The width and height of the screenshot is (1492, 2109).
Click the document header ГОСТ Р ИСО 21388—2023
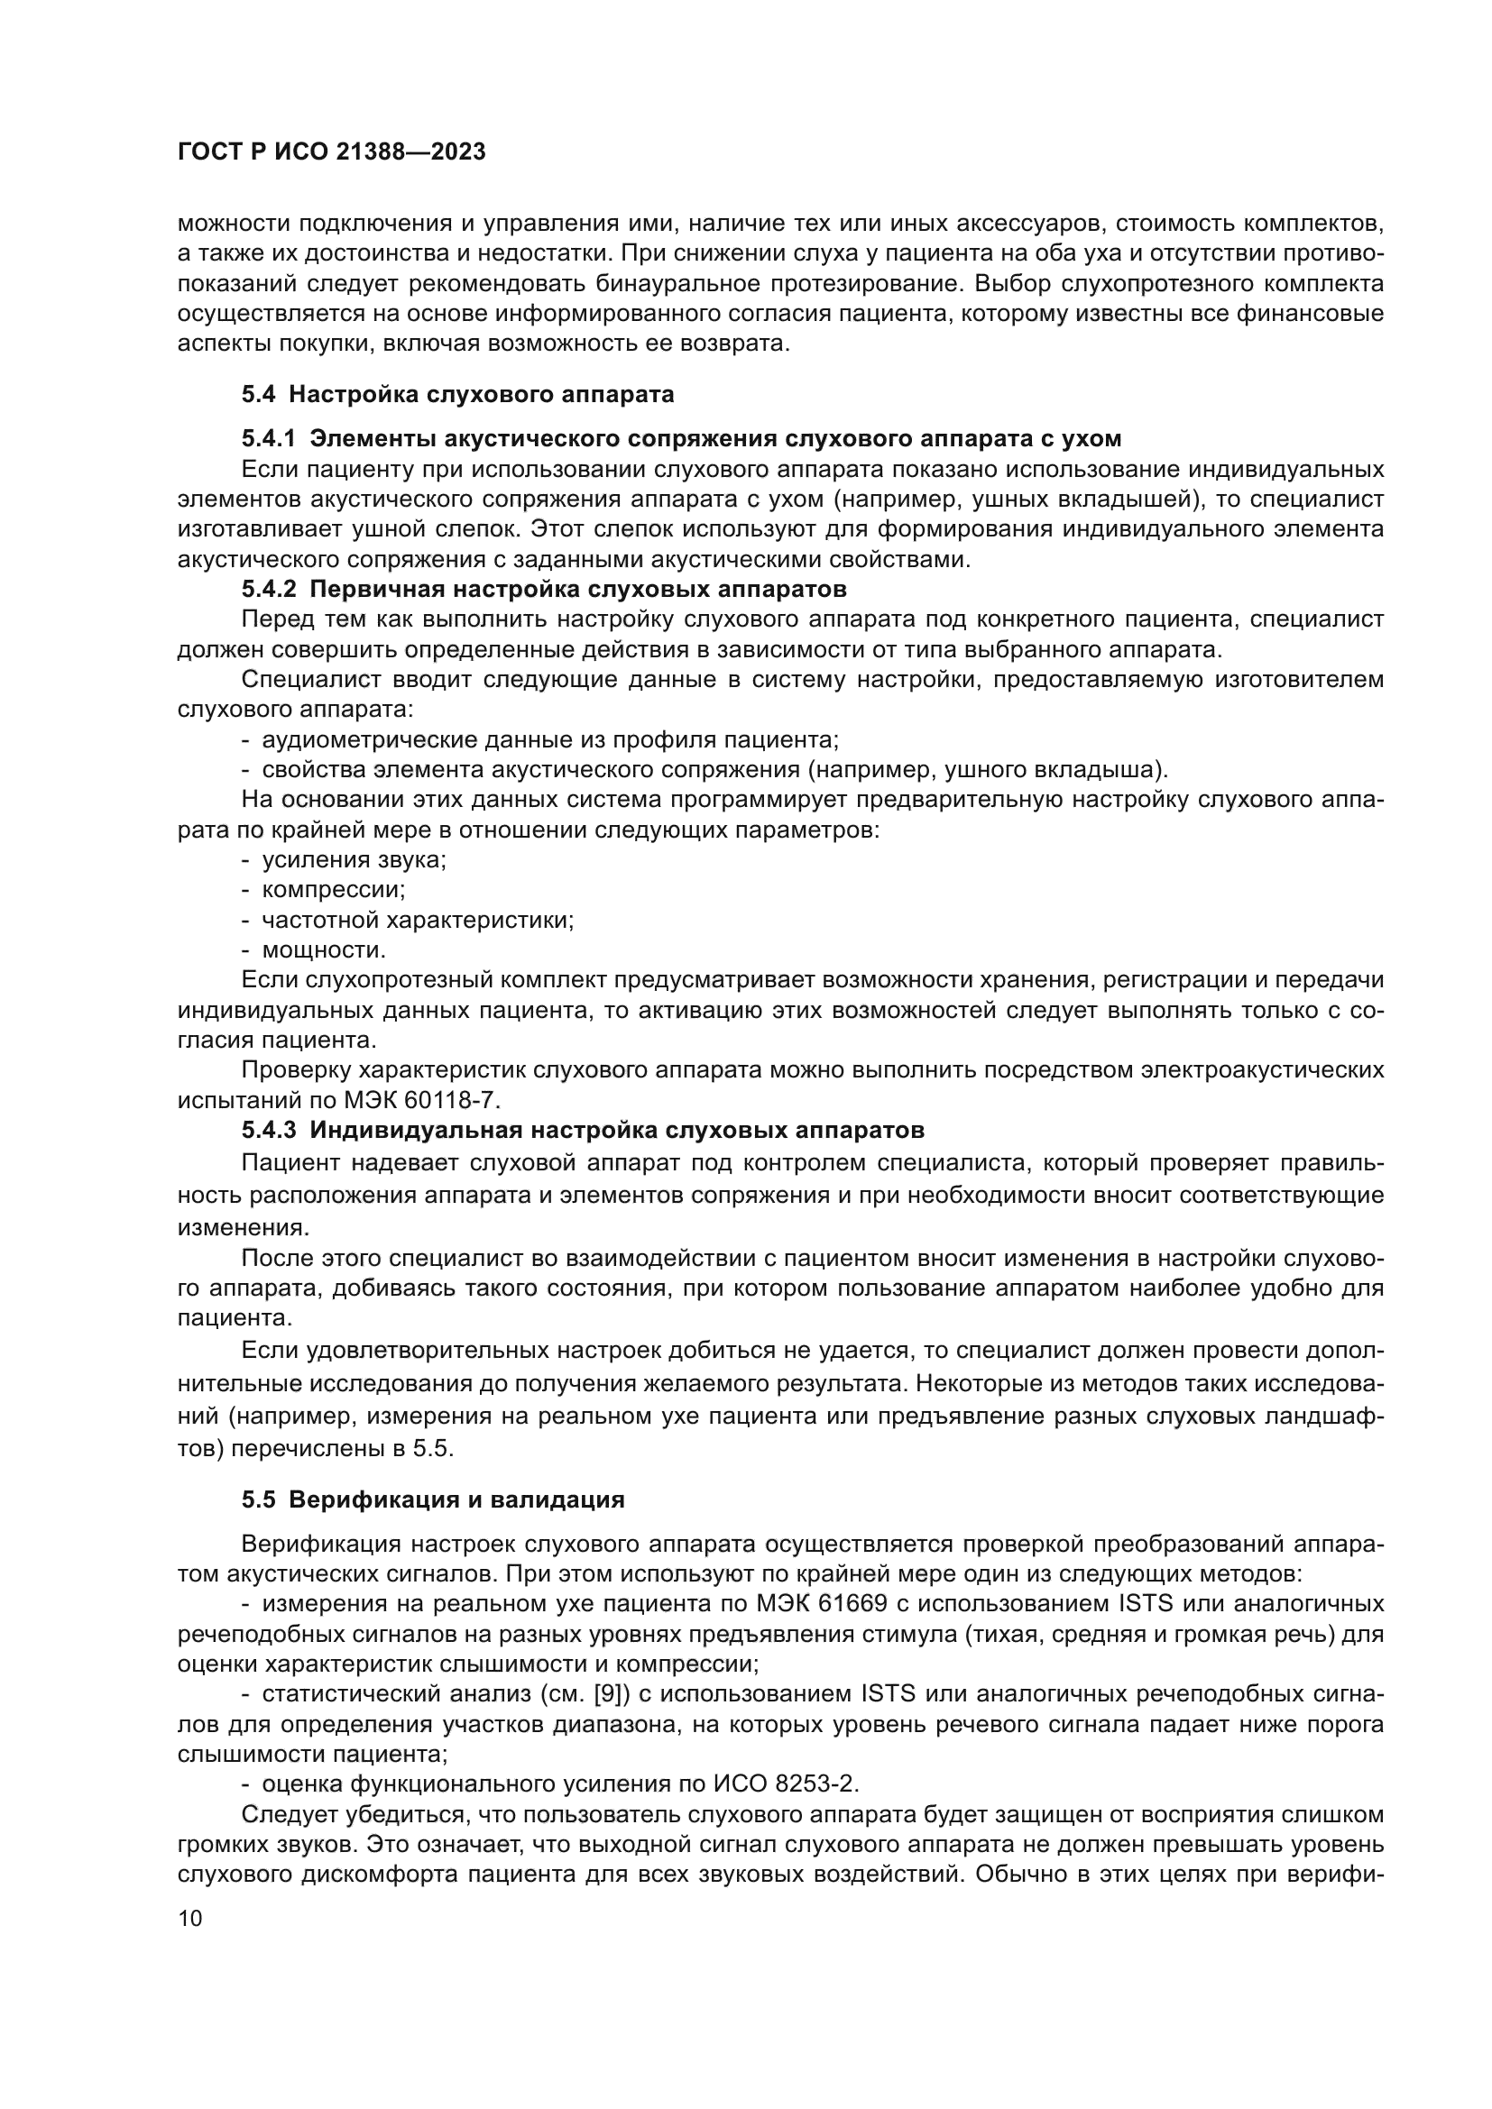[332, 152]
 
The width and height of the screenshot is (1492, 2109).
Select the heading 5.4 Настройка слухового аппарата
[457, 394]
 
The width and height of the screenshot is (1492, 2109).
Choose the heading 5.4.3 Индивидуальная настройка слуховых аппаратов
[583, 1130]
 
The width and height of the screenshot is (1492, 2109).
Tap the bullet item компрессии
[334, 890]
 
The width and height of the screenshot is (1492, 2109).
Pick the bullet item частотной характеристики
[417, 921]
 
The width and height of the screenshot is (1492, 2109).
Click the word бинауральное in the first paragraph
[673, 284]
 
